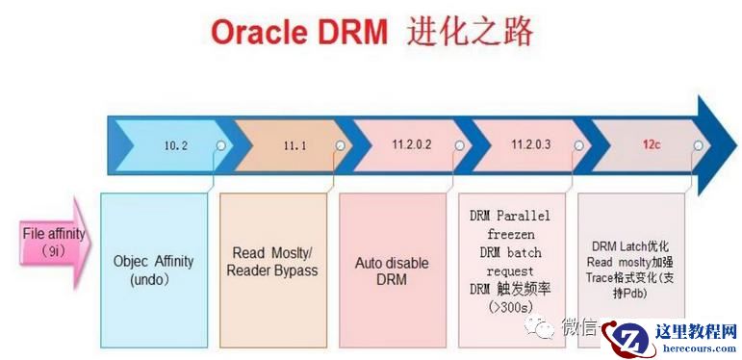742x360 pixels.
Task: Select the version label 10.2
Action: [176, 145]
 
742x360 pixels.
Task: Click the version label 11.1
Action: [294, 145]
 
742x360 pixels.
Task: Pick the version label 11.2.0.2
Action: [412, 144]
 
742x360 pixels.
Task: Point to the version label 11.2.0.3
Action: [531, 144]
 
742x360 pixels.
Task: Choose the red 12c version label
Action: [652, 144]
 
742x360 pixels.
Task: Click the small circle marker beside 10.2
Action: [221, 145]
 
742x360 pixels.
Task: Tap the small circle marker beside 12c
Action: [698, 145]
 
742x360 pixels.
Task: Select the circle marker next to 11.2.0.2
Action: [459, 145]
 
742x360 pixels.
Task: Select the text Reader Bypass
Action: [272, 271]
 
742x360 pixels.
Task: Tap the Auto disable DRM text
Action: [392, 270]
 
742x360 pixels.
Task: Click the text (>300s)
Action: [511, 307]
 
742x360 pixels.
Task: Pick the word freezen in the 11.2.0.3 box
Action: [511, 234]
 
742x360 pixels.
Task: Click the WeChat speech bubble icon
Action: [539, 327]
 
